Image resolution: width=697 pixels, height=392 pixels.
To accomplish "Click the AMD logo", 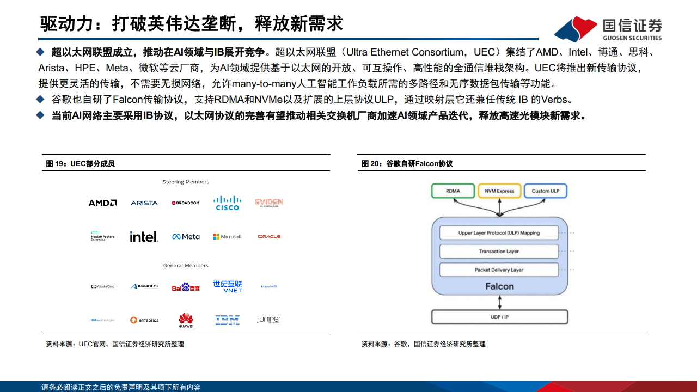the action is tap(102, 203).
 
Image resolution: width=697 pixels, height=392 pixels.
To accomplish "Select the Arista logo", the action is tap(144, 203).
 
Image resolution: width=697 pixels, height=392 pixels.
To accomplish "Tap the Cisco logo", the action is tap(227, 203).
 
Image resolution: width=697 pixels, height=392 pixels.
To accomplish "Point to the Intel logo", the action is tap(144, 236).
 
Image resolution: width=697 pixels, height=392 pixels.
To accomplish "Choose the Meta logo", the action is tap(186, 237).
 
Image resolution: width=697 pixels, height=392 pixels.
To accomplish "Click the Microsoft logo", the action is tap(227, 237).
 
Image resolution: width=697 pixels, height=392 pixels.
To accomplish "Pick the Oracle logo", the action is tap(269, 237).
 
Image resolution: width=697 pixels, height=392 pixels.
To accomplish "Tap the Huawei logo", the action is tap(186, 320).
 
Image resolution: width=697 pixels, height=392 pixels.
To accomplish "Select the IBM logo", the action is tap(227, 320).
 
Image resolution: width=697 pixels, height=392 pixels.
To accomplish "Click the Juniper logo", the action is tap(269, 320).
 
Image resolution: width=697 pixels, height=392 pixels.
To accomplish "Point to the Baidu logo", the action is tap(186, 287).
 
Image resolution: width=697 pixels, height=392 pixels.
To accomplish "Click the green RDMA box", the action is tap(453, 191).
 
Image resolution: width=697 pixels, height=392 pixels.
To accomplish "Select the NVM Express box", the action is tap(499, 191).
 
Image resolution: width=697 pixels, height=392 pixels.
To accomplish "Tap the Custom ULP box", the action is tap(545, 191).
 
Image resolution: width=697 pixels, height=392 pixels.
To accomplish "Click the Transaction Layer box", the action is tap(499, 252).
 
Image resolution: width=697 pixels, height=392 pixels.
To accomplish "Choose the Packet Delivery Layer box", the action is tap(499, 270).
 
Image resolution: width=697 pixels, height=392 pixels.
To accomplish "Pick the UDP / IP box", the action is tap(499, 317).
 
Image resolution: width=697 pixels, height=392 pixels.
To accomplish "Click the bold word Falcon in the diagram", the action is tap(499, 286).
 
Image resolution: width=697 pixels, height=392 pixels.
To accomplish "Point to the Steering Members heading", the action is tap(186, 182).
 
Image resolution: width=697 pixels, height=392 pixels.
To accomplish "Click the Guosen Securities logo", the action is tap(608, 29).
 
